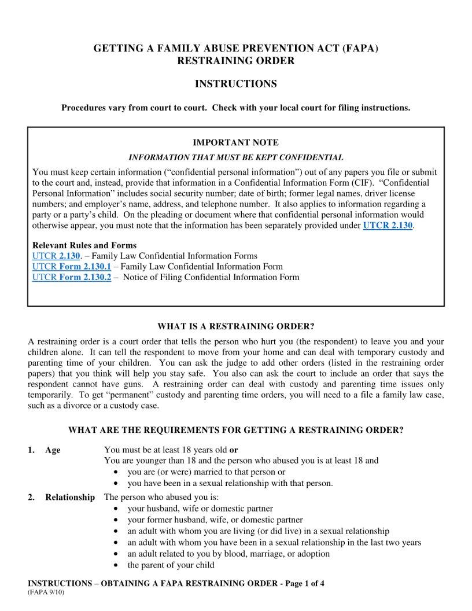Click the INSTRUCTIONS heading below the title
[235, 84]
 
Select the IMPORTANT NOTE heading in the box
[235, 142]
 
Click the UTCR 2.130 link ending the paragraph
[387, 226]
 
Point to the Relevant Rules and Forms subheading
[84, 245]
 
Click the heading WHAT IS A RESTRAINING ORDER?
[235, 326]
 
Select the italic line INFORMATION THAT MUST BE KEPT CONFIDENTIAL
[235, 157]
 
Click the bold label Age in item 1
[53, 450]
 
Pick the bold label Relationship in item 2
[70, 498]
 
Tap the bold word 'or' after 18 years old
[234, 450]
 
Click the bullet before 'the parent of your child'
[117, 565]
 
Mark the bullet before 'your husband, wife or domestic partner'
[117, 509]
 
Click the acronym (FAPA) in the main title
[360, 49]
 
